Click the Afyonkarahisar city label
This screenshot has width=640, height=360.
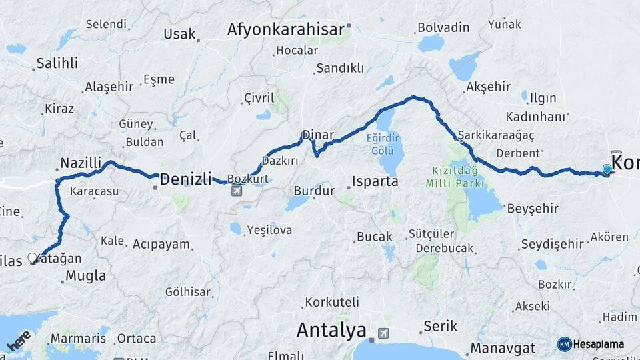(x=285, y=29)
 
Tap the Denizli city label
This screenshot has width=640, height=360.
(x=185, y=179)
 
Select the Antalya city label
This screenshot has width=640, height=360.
(x=331, y=330)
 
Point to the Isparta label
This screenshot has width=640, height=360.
(x=376, y=181)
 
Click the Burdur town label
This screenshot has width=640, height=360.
(x=313, y=191)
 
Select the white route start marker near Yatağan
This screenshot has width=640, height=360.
(x=32, y=258)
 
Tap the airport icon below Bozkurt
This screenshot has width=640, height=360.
(x=236, y=192)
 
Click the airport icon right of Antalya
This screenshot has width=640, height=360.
(x=383, y=332)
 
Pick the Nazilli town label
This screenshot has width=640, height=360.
(x=81, y=163)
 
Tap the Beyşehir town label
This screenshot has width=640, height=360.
(x=533, y=209)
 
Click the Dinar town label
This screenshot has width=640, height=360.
(x=317, y=135)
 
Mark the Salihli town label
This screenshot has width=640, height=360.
(x=57, y=63)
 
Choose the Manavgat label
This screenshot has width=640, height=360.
(x=503, y=348)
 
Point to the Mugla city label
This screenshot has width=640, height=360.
(x=86, y=275)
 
